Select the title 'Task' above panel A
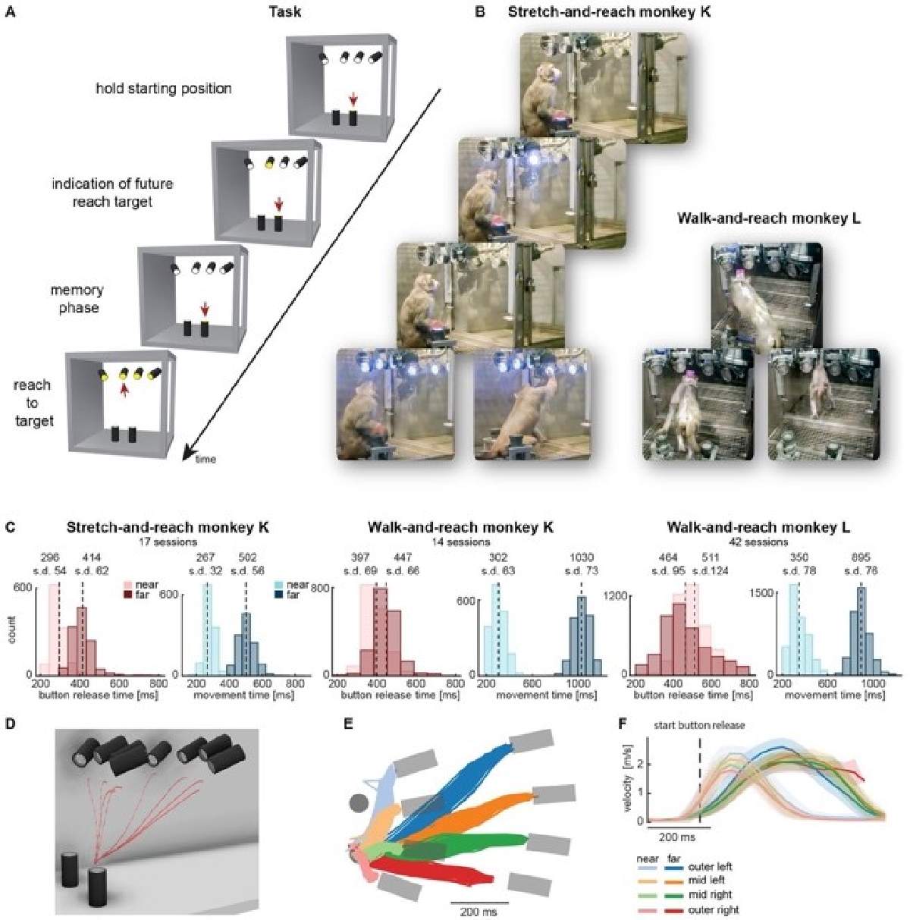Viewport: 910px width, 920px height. (x=285, y=11)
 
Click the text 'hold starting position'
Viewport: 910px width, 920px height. (x=164, y=89)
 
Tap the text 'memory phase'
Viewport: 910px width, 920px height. (x=77, y=299)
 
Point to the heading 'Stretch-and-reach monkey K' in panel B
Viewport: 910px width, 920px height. (x=609, y=11)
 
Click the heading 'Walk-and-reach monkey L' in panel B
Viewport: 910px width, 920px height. (x=768, y=219)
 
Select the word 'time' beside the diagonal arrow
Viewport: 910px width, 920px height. (x=206, y=459)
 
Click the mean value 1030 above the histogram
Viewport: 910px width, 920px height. (x=581, y=557)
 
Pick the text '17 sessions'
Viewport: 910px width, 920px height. (x=168, y=542)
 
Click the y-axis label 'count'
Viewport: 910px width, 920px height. (x=11, y=630)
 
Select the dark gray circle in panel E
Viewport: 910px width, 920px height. (x=359, y=802)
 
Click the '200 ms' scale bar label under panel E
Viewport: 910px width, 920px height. (x=479, y=911)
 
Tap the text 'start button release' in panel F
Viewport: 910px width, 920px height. (x=700, y=725)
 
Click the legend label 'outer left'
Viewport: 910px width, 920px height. (x=711, y=867)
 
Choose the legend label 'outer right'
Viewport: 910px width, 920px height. (x=713, y=909)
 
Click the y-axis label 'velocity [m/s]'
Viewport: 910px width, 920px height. (x=628, y=781)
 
